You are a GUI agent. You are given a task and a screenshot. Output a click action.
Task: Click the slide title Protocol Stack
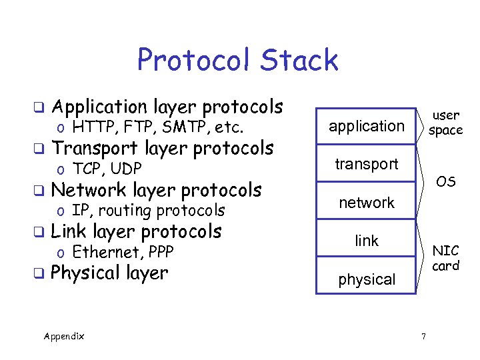[237, 60]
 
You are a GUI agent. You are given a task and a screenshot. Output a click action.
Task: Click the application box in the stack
[367, 126]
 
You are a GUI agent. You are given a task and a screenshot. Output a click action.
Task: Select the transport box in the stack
[367, 164]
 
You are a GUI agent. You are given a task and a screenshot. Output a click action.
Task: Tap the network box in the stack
[367, 203]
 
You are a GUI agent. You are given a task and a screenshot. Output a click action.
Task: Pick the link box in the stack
[367, 241]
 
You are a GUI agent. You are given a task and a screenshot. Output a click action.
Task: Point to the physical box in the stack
[367, 280]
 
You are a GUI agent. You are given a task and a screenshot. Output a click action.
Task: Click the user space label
[445, 123]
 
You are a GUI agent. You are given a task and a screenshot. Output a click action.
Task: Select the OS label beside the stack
[446, 182]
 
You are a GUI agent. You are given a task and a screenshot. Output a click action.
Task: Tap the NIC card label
[446, 258]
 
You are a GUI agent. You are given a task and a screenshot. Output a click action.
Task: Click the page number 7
[423, 335]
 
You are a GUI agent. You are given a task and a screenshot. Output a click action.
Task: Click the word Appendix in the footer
[64, 336]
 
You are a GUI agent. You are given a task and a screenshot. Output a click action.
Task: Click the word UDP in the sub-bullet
[125, 169]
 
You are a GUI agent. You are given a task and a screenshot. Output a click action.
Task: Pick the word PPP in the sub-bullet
[161, 252]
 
